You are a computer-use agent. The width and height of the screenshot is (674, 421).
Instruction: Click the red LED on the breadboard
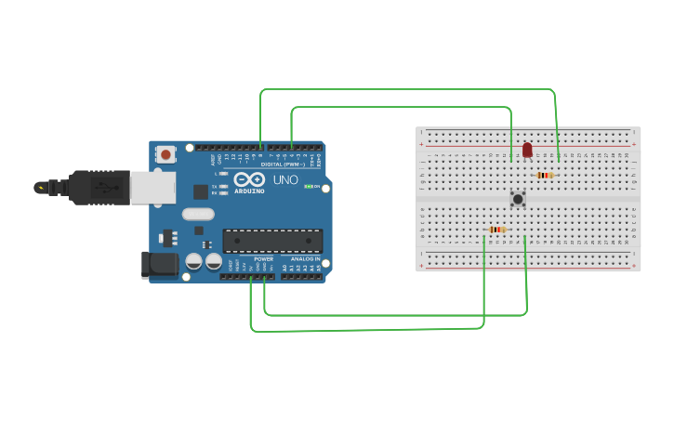tap(527, 150)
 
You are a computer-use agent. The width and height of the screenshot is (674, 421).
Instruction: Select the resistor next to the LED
tap(545, 175)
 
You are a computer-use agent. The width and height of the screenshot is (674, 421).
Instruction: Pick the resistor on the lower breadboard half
tap(496, 230)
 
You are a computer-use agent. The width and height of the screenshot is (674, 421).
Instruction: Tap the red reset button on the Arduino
tap(165, 154)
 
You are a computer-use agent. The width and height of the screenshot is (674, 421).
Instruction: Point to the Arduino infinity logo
tap(248, 178)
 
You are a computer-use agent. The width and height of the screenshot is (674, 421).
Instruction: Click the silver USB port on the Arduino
tap(152, 187)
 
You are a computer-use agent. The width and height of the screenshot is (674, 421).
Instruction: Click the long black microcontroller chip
tap(272, 241)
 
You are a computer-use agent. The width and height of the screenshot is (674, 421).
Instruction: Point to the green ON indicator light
tap(309, 187)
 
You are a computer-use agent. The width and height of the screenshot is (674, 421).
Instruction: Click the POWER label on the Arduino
tap(263, 259)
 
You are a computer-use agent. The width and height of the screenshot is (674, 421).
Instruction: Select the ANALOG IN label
tap(304, 259)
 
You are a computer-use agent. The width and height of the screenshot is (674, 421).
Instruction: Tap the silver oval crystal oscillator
tap(198, 214)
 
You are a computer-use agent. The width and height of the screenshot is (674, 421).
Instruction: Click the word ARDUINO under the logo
tap(248, 191)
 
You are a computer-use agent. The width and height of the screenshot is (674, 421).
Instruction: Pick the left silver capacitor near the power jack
tap(194, 262)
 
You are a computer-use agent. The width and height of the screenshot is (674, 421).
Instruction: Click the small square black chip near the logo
tap(201, 192)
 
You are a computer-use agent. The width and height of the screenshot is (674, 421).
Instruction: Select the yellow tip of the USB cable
tap(40, 188)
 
